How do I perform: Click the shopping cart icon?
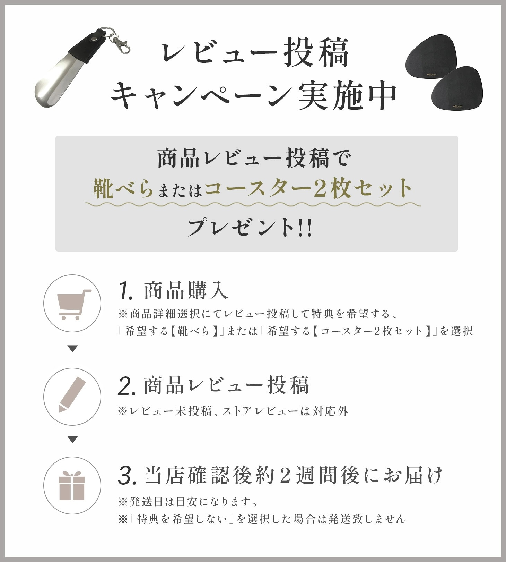click(x=73, y=305)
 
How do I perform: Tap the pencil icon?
click(x=72, y=394)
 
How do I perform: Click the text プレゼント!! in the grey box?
click(x=250, y=228)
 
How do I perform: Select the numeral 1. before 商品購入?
click(x=125, y=291)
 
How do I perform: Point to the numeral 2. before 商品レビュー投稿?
click(x=127, y=386)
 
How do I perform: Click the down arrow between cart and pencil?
click(x=72, y=349)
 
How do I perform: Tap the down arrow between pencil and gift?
click(x=72, y=440)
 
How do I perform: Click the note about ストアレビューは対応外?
click(x=233, y=411)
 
